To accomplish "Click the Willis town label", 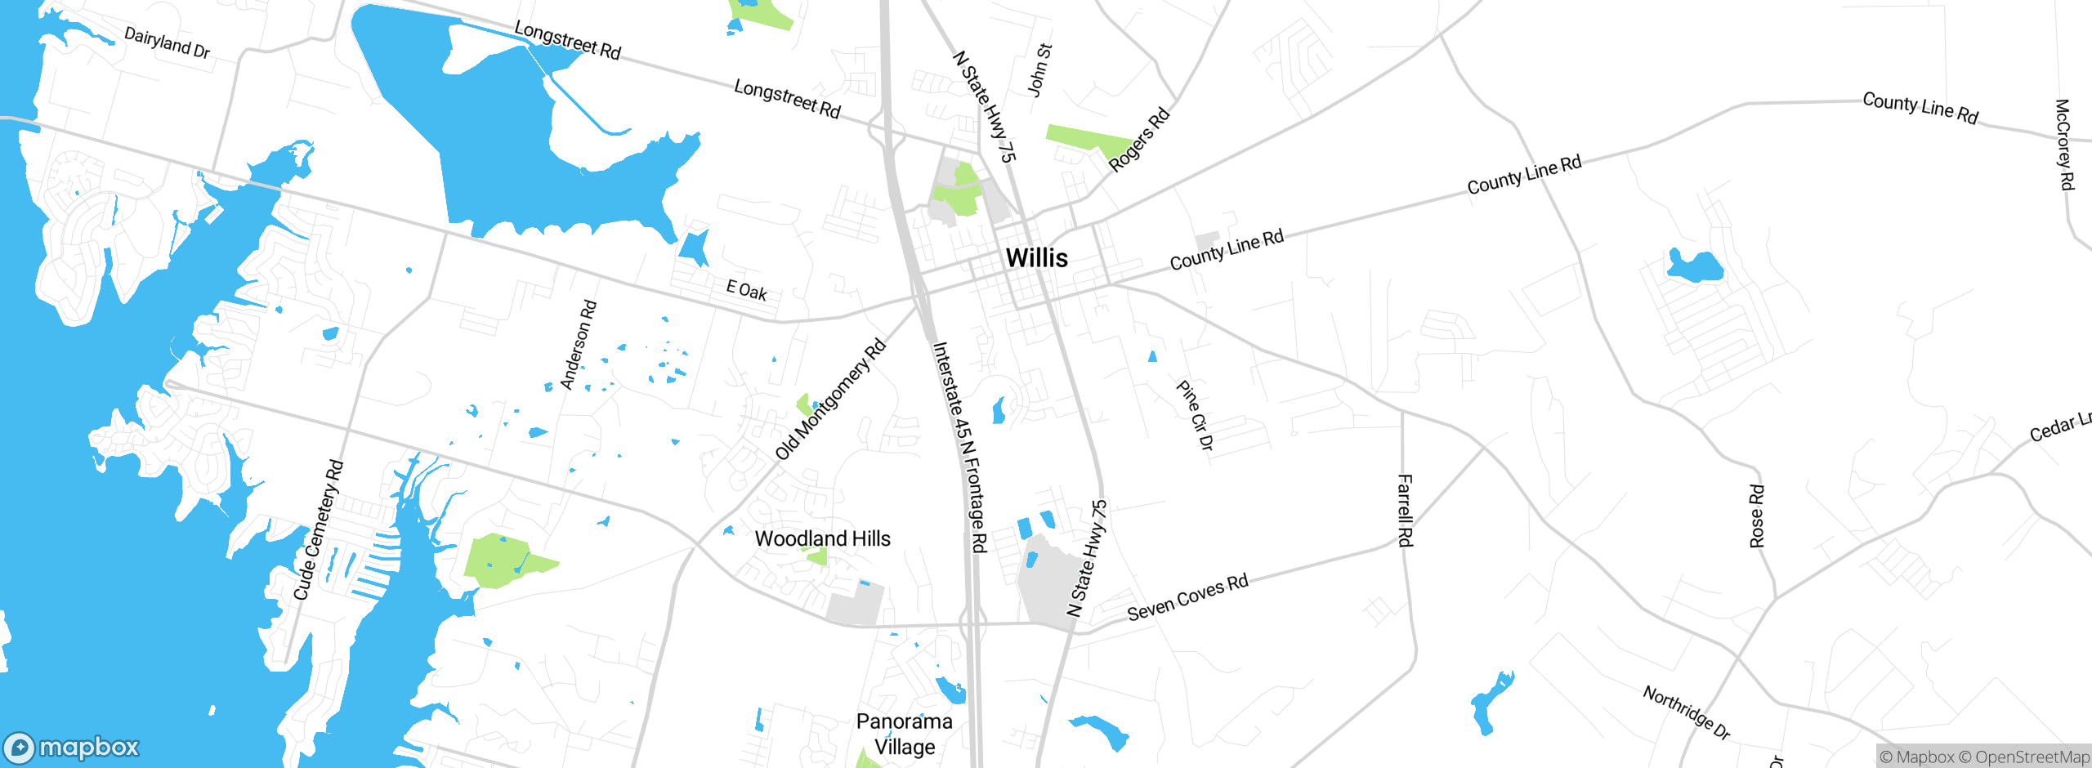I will pos(1036,257).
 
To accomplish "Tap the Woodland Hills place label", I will pos(822,538).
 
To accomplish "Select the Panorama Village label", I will pos(904,734).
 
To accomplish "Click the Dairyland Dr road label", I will pos(167,42).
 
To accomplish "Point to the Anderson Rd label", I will pos(579,345).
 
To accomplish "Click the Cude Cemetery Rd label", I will pos(319,530).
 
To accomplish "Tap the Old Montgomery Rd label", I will pos(830,400).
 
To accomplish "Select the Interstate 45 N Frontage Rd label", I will pos(960,447).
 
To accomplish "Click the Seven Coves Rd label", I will pos(1187,596).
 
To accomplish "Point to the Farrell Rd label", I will pos(1405,510).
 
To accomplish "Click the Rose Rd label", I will pos(1757,516).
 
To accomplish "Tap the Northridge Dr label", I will pos(1687,712).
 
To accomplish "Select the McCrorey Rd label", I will pos(2063,145).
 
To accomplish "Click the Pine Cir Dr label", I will pos(1195,415).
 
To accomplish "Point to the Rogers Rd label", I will pos(1139,139).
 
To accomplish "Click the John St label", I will pos(1039,70).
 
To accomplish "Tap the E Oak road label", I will pos(747,289).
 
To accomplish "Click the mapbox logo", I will pos(72,748).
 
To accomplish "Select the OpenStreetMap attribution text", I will pos(2032,757).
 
